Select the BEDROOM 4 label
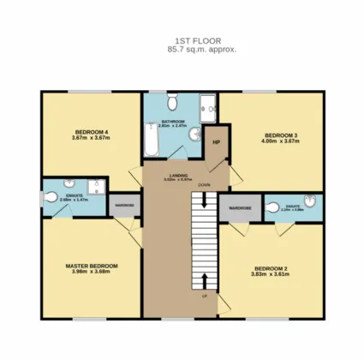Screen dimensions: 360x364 point(89,131)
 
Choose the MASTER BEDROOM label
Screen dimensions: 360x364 point(91,266)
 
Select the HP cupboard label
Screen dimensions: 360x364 point(217,142)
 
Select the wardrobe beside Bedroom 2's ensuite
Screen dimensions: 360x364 point(240,208)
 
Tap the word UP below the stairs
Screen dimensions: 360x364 point(204,295)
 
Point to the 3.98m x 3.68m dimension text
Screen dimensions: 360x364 point(91,273)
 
